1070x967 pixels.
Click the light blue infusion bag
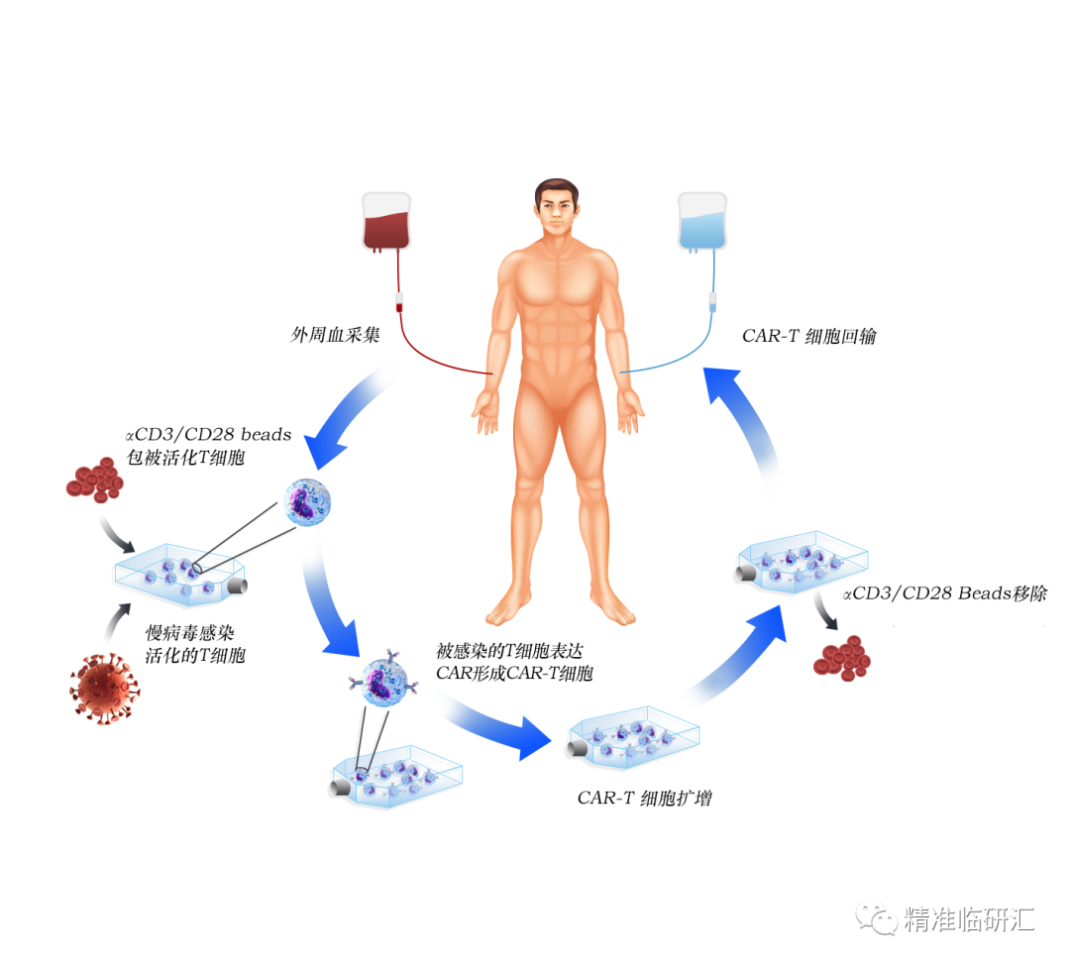point(701,223)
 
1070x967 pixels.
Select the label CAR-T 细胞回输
point(808,336)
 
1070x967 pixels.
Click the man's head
point(557,208)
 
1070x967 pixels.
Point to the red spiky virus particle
point(104,687)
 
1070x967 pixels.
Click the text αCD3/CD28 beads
point(208,434)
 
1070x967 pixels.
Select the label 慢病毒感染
point(190,633)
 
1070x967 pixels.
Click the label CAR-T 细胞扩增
point(644,798)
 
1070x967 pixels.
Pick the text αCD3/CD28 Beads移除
point(943,594)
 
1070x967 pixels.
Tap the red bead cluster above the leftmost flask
point(93,479)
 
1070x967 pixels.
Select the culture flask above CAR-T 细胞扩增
point(633,738)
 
